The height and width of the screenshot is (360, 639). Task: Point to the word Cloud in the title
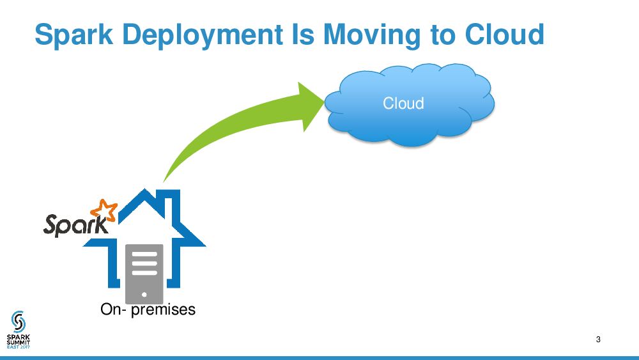(504, 35)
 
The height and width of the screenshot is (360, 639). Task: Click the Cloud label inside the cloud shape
(403, 103)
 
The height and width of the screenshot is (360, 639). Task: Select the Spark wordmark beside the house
(70, 224)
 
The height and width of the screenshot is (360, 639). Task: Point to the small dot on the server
(144, 295)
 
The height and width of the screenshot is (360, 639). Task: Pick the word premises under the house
(163, 310)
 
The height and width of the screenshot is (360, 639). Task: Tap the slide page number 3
(597, 339)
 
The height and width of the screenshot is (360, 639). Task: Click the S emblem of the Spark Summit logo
(18, 320)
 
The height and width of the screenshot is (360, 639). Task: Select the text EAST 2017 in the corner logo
(18, 347)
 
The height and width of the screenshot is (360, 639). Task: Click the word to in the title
(444, 35)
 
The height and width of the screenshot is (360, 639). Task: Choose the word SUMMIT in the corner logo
(18, 342)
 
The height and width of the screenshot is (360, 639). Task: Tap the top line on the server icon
(144, 254)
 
